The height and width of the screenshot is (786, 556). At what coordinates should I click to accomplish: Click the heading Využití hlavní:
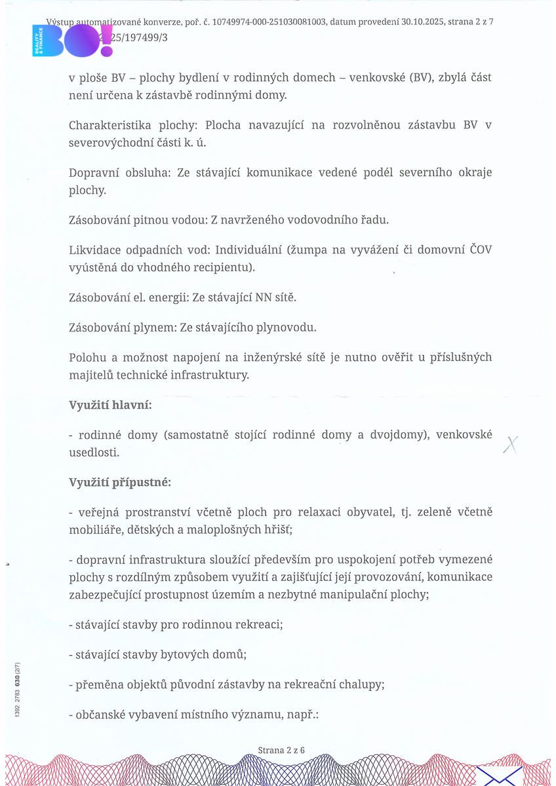(x=110, y=405)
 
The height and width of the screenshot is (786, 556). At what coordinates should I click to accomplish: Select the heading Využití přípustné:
(x=120, y=483)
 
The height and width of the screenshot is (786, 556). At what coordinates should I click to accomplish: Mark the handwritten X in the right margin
(x=510, y=445)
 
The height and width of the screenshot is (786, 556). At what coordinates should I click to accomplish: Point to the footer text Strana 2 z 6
(x=281, y=750)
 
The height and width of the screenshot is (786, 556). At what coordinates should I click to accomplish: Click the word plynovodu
(x=288, y=326)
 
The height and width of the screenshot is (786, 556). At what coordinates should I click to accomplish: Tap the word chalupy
(x=361, y=684)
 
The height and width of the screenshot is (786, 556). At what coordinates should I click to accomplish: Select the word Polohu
(x=88, y=358)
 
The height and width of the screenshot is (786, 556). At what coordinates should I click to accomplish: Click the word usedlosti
(x=94, y=453)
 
